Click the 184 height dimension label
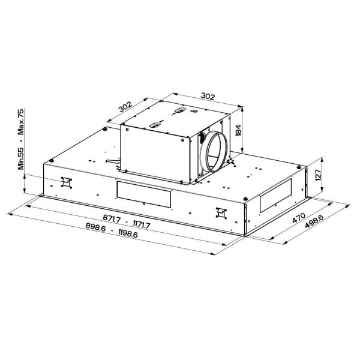point(239,130)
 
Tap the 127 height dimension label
point(318,175)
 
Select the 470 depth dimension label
point(299,218)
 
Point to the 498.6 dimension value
point(314,221)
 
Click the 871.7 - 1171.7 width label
point(127,221)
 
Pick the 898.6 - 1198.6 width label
point(112,230)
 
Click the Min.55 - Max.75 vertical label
point(21,139)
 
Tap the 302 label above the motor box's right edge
point(208,97)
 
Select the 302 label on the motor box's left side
point(125,107)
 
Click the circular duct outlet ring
point(215,151)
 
